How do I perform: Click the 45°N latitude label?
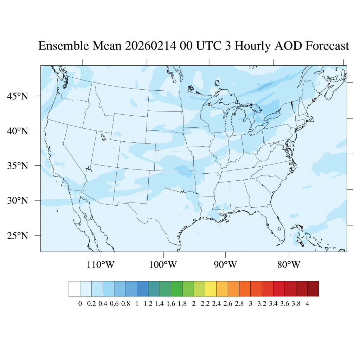point(18,96)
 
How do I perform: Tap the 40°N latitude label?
point(18,131)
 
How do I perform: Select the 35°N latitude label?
point(18,166)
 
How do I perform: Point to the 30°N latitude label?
point(18,201)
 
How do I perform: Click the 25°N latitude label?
point(18,236)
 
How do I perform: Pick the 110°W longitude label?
point(101,264)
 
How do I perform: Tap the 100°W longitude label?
point(163,264)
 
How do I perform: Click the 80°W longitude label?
point(289,264)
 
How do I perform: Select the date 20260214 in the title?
point(150,46)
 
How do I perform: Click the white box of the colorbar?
point(75,289)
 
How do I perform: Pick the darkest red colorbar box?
point(313,289)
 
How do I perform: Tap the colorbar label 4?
point(307,304)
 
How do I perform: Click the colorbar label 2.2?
point(205,304)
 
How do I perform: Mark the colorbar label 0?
point(80,304)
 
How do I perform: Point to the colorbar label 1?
point(137,304)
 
